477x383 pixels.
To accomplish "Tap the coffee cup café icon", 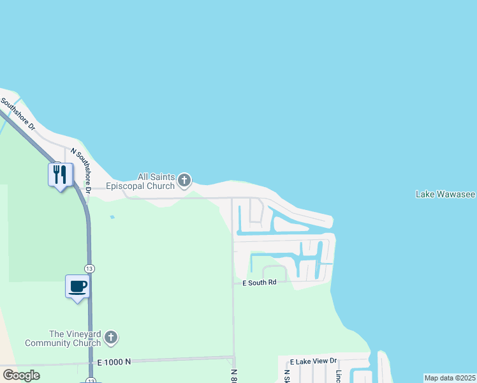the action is (x=78, y=286).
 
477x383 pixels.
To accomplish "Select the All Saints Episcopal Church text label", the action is (x=157, y=181).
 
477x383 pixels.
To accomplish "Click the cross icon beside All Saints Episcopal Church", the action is (x=184, y=181).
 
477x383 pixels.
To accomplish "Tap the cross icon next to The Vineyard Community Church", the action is (x=111, y=337).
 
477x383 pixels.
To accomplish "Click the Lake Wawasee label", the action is (x=445, y=194).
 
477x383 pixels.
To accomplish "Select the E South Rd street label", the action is (x=259, y=282).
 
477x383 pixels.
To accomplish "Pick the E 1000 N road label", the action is (x=114, y=362).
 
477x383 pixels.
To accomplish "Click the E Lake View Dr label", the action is (x=312, y=361).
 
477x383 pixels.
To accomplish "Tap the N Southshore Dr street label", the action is (x=82, y=170).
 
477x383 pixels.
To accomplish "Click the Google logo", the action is (x=21, y=375).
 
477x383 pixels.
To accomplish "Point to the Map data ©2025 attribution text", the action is (x=450, y=378).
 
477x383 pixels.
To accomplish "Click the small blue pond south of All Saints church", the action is (x=112, y=217).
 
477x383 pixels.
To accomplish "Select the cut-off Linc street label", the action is (x=339, y=376).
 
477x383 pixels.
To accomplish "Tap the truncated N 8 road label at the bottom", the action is (x=233, y=376).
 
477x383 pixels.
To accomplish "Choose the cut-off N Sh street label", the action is (x=287, y=376).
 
